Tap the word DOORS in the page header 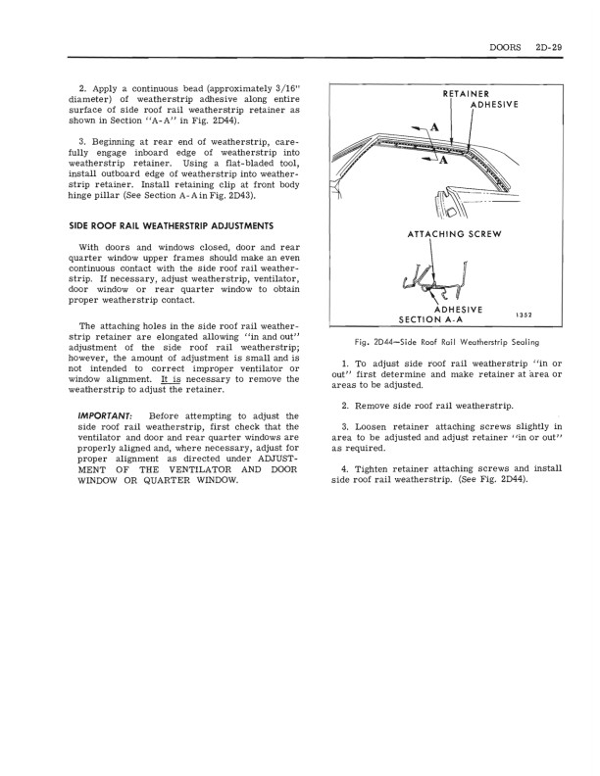(x=501, y=46)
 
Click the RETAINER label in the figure (x=445, y=94)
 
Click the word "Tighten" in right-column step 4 (x=377, y=469)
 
